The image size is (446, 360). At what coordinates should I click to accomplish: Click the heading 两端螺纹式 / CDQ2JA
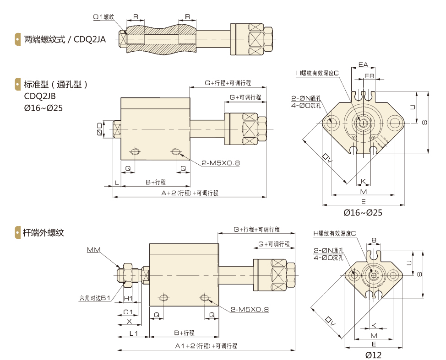pyautogui.click(x=65, y=39)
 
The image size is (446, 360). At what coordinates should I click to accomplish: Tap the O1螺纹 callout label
pyautogui.click(x=103, y=17)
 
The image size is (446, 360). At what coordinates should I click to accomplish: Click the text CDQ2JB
pyautogui.click(x=39, y=96)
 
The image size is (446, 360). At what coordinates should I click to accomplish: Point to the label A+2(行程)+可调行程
pyautogui.click(x=190, y=193)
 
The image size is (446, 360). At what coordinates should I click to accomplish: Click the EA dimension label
pyautogui.click(x=364, y=64)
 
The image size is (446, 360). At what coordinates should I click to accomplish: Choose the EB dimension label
pyautogui.click(x=369, y=75)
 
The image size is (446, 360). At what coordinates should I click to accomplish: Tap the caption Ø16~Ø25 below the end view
pyautogui.click(x=363, y=213)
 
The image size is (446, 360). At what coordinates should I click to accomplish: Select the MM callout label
pyautogui.click(x=93, y=250)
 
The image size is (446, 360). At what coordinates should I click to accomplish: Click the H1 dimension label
pyautogui.click(x=129, y=299)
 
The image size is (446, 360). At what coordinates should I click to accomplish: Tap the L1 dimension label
pyautogui.click(x=133, y=334)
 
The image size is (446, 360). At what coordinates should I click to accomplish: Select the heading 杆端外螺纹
pyautogui.click(x=44, y=232)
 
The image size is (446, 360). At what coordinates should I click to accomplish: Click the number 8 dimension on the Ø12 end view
pyautogui.click(x=374, y=240)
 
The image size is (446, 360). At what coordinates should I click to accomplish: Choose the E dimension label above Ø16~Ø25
pyautogui.click(x=363, y=201)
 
